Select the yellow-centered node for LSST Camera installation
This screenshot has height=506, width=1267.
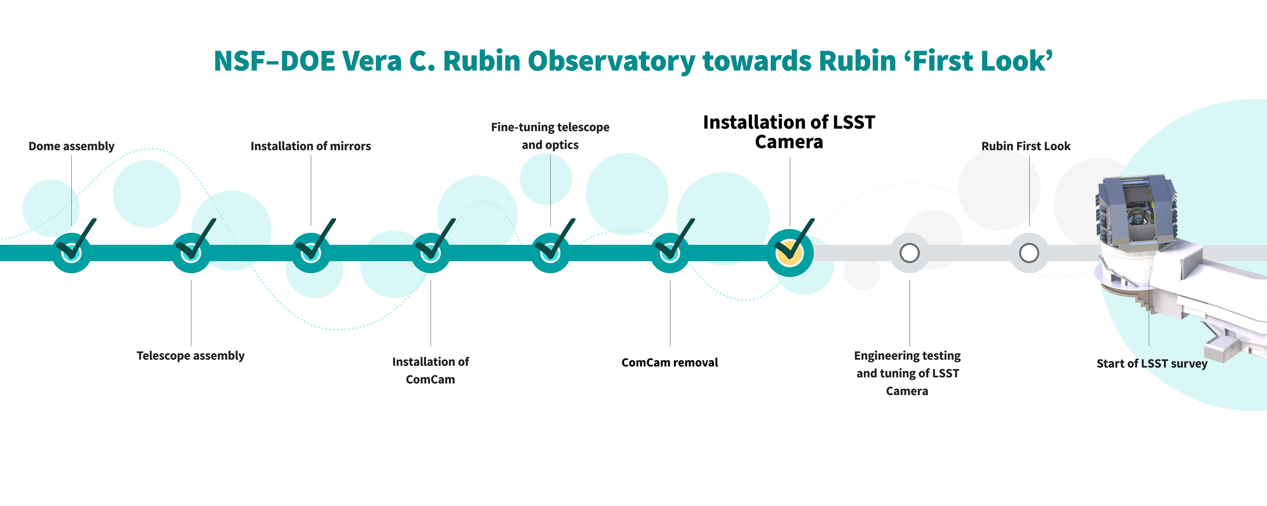(790, 252)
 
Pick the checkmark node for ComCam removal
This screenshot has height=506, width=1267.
(670, 252)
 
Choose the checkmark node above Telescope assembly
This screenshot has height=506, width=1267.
(191, 252)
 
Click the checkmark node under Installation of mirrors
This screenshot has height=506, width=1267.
(311, 252)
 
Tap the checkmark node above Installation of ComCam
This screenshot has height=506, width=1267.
(430, 252)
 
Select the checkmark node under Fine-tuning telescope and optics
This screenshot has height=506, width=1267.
(551, 252)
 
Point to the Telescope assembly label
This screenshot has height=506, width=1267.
(190, 356)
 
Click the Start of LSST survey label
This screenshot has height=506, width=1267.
(1152, 364)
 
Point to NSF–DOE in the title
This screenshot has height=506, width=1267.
(274, 61)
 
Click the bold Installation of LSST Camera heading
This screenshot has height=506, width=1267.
(789, 132)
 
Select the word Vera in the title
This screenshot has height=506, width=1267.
(372, 61)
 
